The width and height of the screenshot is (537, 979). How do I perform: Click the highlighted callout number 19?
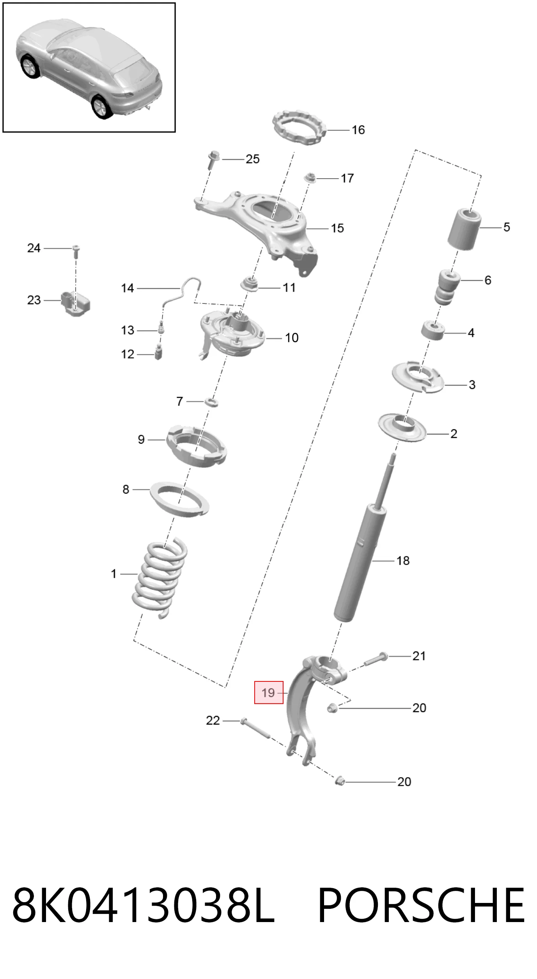[268, 693]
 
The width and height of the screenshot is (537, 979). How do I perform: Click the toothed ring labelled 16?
[299, 128]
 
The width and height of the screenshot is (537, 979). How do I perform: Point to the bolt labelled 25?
[213, 159]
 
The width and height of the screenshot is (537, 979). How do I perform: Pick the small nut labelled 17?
[310, 177]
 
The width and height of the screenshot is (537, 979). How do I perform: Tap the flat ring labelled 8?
[179, 499]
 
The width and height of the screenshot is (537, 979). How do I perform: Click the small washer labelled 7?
[211, 401]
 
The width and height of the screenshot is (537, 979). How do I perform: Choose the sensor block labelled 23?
[75, 303]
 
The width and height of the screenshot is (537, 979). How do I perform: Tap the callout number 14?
[128, 288]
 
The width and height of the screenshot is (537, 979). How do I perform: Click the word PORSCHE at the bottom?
[421, 904]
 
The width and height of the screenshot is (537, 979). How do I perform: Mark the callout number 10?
[292, 338]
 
